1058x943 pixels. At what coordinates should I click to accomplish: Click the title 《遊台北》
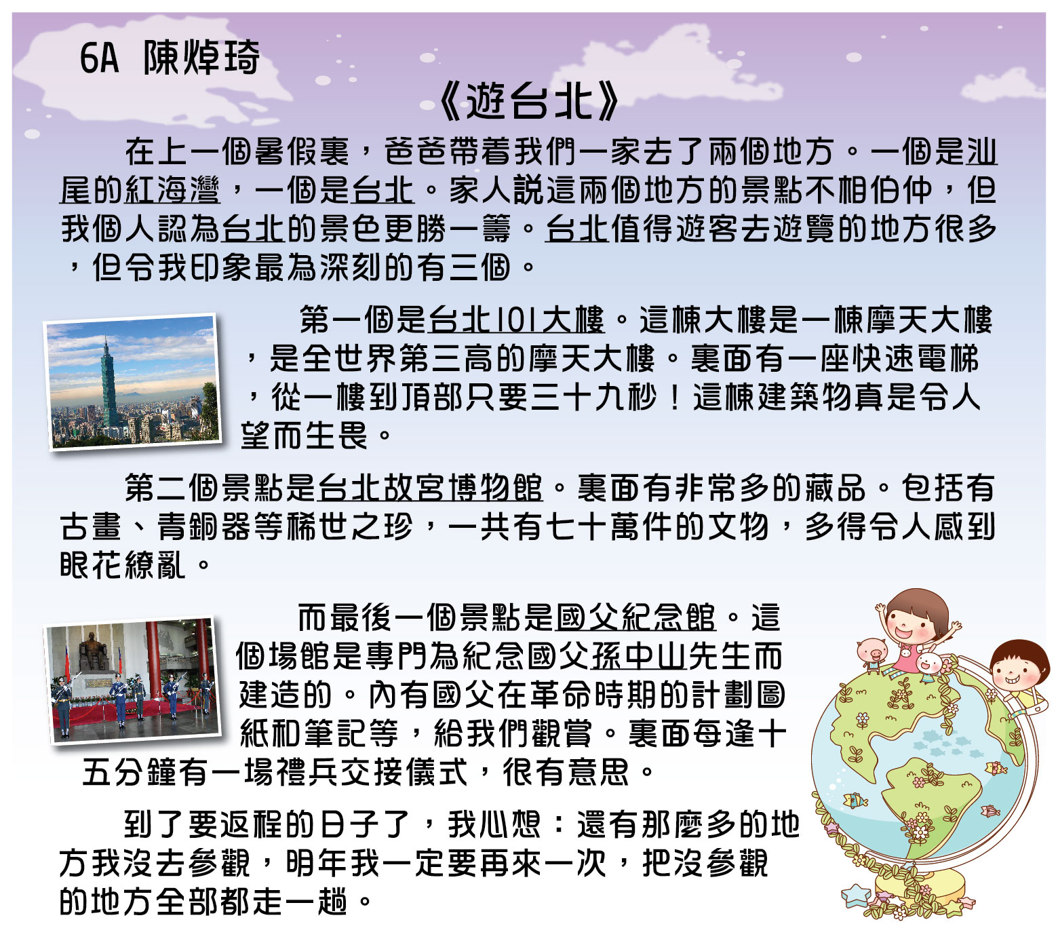(529, 100)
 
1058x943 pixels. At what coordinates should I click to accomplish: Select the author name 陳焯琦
(201, 57)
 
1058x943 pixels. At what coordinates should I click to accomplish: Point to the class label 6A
(99, 58)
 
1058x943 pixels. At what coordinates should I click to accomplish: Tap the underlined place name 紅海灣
(172, 191)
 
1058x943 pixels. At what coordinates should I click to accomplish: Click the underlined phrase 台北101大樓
(517, 320)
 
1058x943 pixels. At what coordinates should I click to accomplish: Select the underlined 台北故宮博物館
(430, 488)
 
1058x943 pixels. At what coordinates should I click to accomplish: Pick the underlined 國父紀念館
(635, 617)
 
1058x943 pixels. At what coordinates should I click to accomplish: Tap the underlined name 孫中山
(639, 656)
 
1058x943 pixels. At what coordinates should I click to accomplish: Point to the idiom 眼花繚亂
(122, 565)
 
